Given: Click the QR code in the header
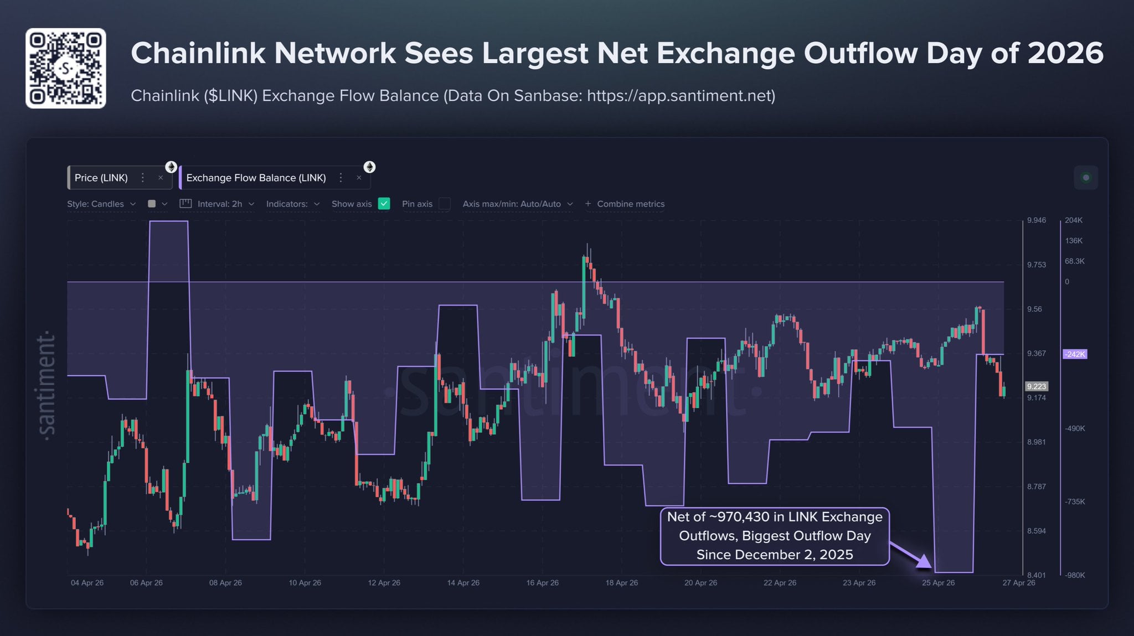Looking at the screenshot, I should [x=65, y=68].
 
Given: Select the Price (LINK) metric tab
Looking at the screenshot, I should [x=101, y=178].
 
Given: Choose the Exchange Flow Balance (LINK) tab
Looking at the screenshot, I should [x=256, y=178].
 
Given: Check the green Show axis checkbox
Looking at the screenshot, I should [x=384, y=204].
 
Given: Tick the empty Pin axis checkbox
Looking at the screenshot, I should [x=444, y=204].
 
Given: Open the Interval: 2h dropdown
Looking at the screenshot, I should [x=220, y=204].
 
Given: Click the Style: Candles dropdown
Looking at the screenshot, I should [x=101, y=204].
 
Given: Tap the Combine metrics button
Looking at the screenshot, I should [x=625, y=204].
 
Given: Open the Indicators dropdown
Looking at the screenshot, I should [x=293, y=204].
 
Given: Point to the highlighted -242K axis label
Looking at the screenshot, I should [x=1075, y=354].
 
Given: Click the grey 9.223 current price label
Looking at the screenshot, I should [x=1036, y=386].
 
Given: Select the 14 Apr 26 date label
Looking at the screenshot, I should [x=463, y=583].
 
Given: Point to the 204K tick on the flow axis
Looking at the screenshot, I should [x=1073, y=220].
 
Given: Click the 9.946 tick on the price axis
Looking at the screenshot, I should [x=1036, y=220].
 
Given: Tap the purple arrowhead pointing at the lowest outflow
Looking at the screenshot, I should [x=924, y=562].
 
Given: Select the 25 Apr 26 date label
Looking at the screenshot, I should [x=938, y=583].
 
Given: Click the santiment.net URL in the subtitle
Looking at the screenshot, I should [x=681, y=96].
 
